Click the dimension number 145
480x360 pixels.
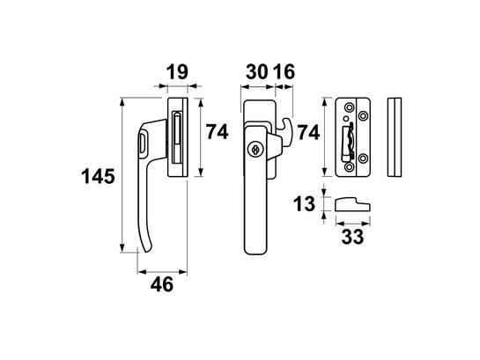click(x=98, y=177)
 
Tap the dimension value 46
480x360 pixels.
click(x=162, y=284)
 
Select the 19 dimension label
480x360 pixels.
click(x=177, y=72)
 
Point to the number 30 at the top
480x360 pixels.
click(x=257, y=72)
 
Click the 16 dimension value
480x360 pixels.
click(x=284, y=72)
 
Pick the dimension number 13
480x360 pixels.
click(x=304, y=204)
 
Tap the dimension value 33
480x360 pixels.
click(x=352, y=237)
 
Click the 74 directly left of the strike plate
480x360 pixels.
click(x=308, y=132)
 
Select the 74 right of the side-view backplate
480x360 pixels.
click(x=217, y=132)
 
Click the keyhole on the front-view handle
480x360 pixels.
click(x=255, y=150)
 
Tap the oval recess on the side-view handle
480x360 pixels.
click(x=143, y=143)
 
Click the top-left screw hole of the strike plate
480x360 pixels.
click(x=349, y=107)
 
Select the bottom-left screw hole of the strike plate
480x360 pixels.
click(x=349, y=166)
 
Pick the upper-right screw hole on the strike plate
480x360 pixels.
click(x=364, y=116)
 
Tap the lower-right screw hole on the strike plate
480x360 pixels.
click(x=364, y=158)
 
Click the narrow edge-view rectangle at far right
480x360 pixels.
click(x=395, y=137)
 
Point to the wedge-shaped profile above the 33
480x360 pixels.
click(x=352, y=204)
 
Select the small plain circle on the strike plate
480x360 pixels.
click(x=346, y=119)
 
